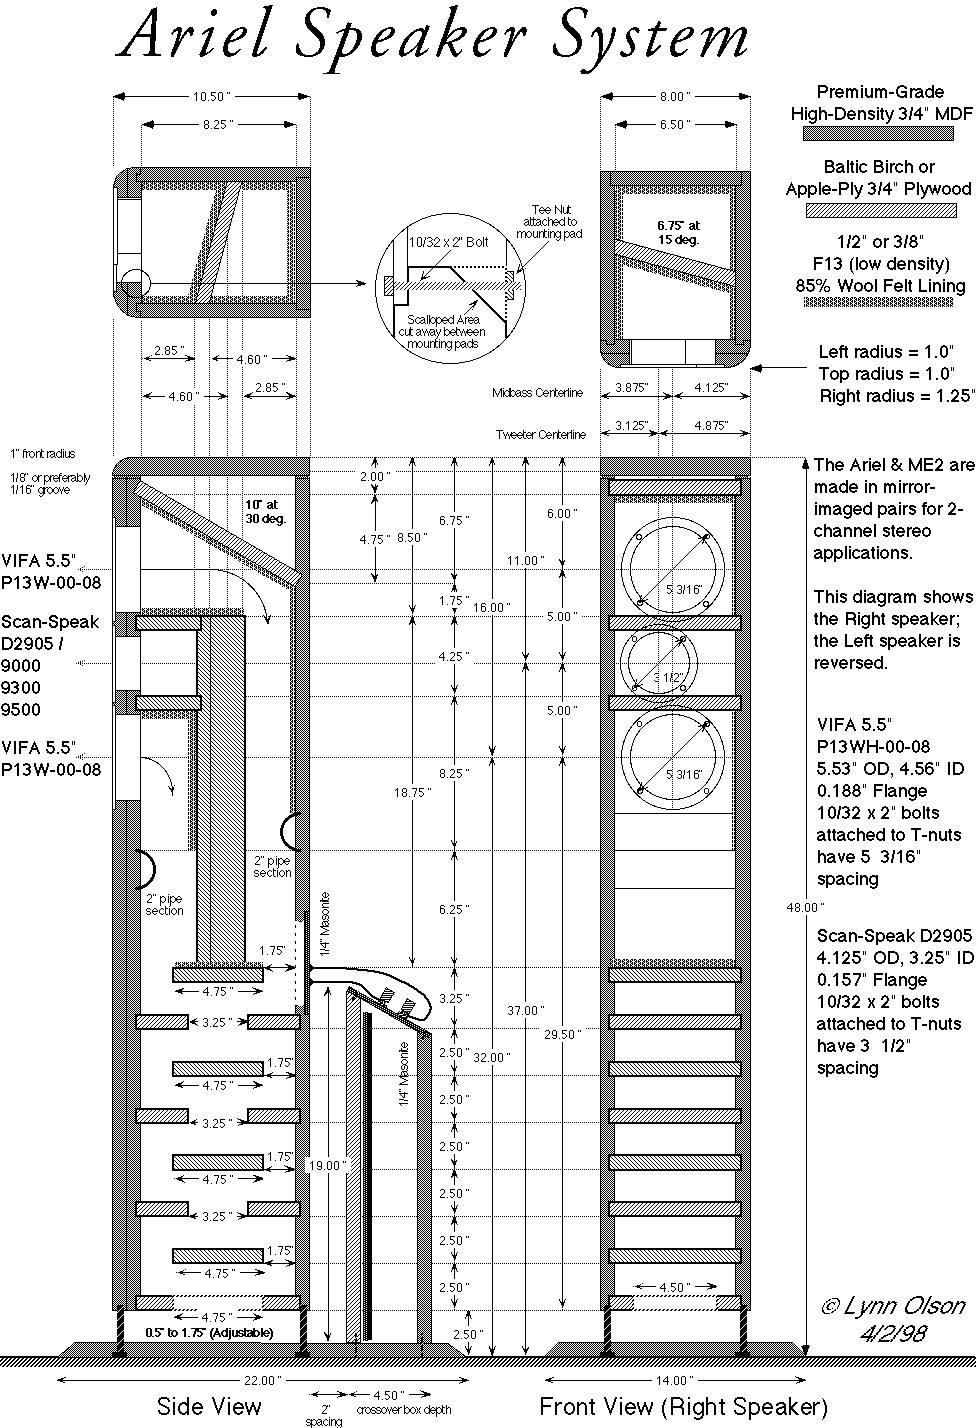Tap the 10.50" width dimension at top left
(211, 97)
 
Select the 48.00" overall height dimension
(805, 907)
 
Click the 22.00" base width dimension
(262, 1380)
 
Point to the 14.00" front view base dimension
(674, 1380)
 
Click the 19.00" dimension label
(328, 1165)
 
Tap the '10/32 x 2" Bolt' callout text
(449, 242)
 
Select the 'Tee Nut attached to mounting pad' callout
(550, 222)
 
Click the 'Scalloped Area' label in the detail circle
(442, 319)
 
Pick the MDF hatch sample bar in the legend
(878, 133)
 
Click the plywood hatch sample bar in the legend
(881, 210)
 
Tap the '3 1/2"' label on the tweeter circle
(668, 677)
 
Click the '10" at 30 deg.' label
(266, 512)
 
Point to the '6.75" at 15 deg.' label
(678, 233)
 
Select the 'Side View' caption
(209, 1406)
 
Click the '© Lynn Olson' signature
(893, 1306)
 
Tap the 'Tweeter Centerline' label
(541, 435)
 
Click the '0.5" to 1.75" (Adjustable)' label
(209, 1332)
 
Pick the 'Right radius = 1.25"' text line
(897, 396)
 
